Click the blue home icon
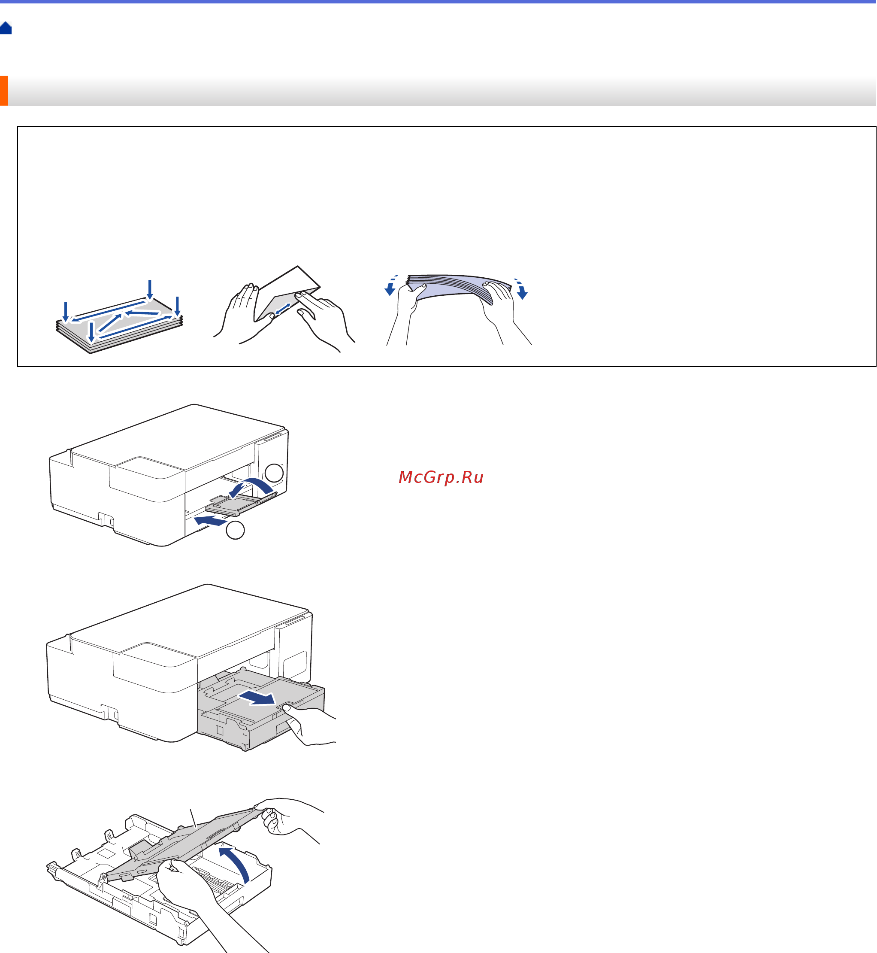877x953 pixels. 6,28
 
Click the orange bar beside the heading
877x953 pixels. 4,91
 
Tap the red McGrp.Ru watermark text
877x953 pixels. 441,477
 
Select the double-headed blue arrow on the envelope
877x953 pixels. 283,309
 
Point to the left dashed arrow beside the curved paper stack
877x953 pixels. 391,285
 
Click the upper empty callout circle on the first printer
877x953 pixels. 274,473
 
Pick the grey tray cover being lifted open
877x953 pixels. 183,846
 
